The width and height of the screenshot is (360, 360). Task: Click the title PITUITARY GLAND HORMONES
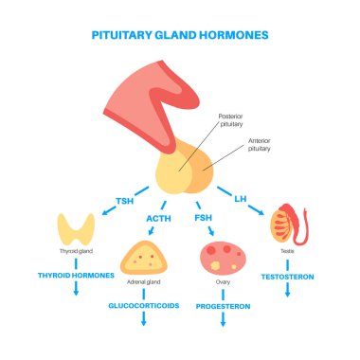click(x=180, y=34)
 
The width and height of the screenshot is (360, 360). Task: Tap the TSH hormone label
click(x=124, y=201)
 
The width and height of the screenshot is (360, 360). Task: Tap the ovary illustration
click(x=222, y=258)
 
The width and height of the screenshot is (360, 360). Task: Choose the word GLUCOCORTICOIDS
click(x=144, y=307)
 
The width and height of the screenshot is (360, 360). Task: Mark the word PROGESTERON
click(x=222, y=307)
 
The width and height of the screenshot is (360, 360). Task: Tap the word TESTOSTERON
click(x=288, y=277)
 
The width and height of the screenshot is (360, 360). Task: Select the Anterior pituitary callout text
click(x=265, y=144)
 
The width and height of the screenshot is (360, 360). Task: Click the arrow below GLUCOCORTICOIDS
click(x=145, y=322)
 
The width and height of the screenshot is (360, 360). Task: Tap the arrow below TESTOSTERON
click(x=288, y=292)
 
